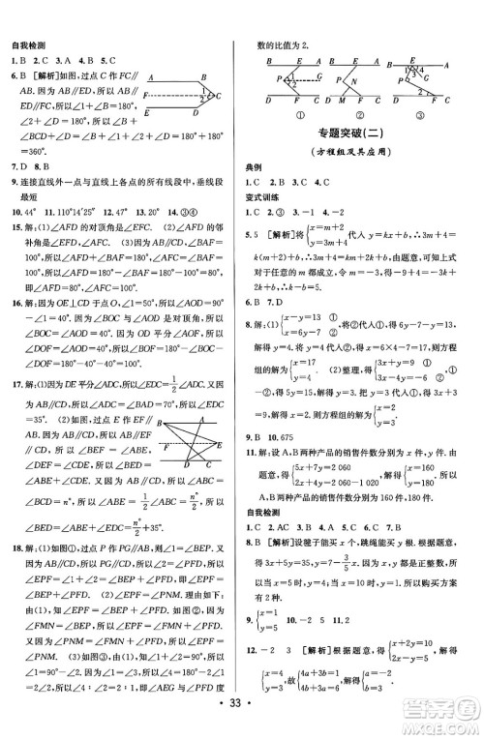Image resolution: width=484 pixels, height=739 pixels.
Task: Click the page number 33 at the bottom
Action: pos(243,723)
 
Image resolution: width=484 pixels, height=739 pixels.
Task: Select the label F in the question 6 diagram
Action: pos(146,96)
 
